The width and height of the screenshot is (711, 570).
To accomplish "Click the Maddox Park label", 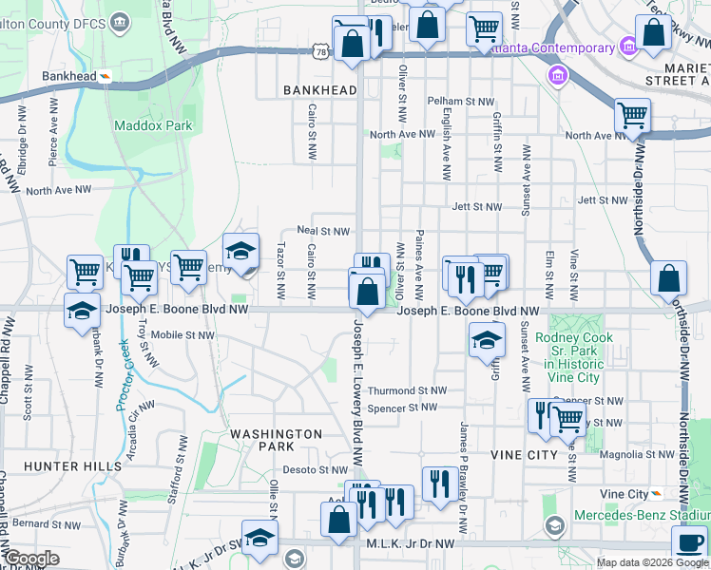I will [x=153, y=125].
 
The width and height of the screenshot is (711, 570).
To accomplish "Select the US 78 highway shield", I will [x=323, y=52].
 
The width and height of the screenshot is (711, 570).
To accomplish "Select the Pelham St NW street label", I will [x=461, y=101].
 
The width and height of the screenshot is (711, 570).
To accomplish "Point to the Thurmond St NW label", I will [x=406, y=390].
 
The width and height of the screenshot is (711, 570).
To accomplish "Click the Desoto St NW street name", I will [x=315, y=469].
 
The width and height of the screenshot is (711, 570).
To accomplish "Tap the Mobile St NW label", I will [x=183, y=334].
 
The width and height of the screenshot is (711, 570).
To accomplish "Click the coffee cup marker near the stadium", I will [x=689, y=543].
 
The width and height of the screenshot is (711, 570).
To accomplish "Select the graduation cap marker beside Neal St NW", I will [x=241, y=252].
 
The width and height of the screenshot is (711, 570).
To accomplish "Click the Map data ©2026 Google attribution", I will [x=651, y=562].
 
